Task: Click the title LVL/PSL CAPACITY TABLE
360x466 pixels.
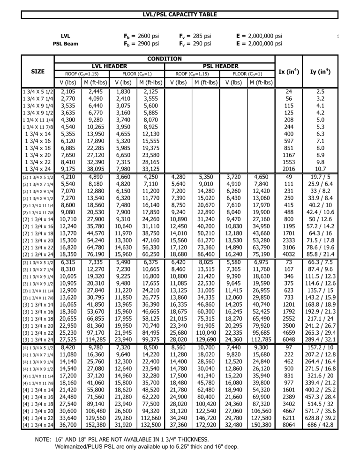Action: [180, 15]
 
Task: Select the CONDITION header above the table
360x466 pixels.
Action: [165, 59]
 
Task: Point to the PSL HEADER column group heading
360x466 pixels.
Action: [221, 67]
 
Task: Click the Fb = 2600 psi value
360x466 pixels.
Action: [141, 36]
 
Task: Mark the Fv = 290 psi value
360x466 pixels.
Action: [195, 44]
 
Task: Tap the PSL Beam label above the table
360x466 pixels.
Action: [65, 44]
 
